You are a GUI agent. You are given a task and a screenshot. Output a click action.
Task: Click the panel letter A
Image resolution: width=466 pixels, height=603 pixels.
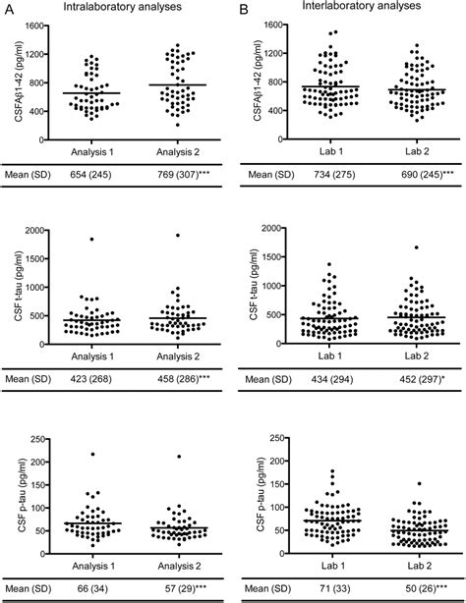pos(8,9)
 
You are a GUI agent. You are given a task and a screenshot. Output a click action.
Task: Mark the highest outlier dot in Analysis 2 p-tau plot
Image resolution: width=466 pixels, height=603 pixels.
pos(177,456)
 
